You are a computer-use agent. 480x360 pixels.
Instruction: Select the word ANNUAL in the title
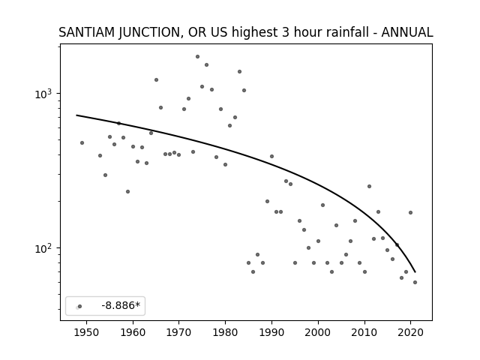pyautogui.click(x=407, y=32)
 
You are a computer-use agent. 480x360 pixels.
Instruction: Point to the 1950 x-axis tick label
pyautogui.click(x=87, y=333)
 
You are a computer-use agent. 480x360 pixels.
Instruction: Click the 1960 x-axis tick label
pyautogui.click(x=133, y=333)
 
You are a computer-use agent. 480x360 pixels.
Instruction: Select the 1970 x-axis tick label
pyautogui.click(x=179, y=333)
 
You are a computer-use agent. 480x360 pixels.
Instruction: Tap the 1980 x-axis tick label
pyautogui.click(x=225, y=333)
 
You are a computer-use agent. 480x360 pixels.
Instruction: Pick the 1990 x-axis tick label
pyautogui.click(x=271, y=333)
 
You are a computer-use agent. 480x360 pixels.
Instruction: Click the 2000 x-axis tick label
pyautogui.click(x=318, y=333)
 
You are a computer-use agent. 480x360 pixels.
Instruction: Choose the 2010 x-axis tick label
pyautogui.click(x=364, y=333)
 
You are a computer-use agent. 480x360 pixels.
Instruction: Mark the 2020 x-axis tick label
pyautogui.click(x=410, y=333)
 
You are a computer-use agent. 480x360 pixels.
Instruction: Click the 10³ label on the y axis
pyautogui.click(x=44, y=94)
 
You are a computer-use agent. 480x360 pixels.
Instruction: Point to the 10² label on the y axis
pyautogui.click(x=44, y=248)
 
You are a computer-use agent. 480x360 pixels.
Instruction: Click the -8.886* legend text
pyautogui.click(x=121, y=305)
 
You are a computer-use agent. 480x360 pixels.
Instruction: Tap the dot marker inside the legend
pyautogui.click(x=80, y=306)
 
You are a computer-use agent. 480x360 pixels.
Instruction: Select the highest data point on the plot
pyautogui.click(x=197, y=57)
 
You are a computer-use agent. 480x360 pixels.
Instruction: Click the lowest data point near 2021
pyautogui.click(x=415, y=282)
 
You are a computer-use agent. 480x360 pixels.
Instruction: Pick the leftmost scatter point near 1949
pyautogui.click(x=82, y=143)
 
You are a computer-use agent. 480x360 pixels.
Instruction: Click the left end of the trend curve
pyautogui.click(x=76, y=115)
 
